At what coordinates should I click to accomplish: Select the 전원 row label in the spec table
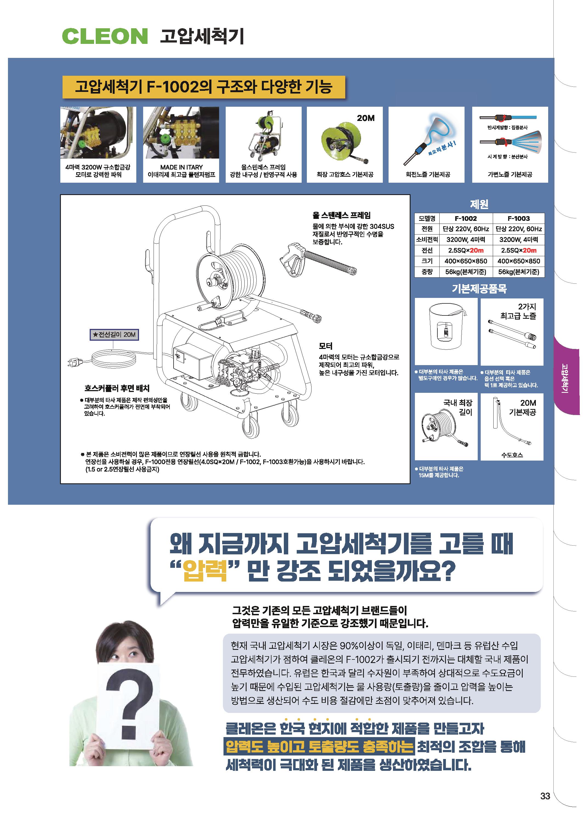tap(427, 229)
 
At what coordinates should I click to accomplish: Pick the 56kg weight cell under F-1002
tap(466, 272)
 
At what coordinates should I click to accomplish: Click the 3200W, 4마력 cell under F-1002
tap(466, 239)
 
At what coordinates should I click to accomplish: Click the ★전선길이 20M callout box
tap(114, 335)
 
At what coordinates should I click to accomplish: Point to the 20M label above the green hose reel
tap(366, 118)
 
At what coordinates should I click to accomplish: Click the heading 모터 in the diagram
tap(326, 346)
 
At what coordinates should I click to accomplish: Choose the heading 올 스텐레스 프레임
tap(341, 215)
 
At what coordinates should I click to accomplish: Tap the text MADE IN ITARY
tap(181, 167)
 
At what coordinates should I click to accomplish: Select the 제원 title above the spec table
tap(479, 204)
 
